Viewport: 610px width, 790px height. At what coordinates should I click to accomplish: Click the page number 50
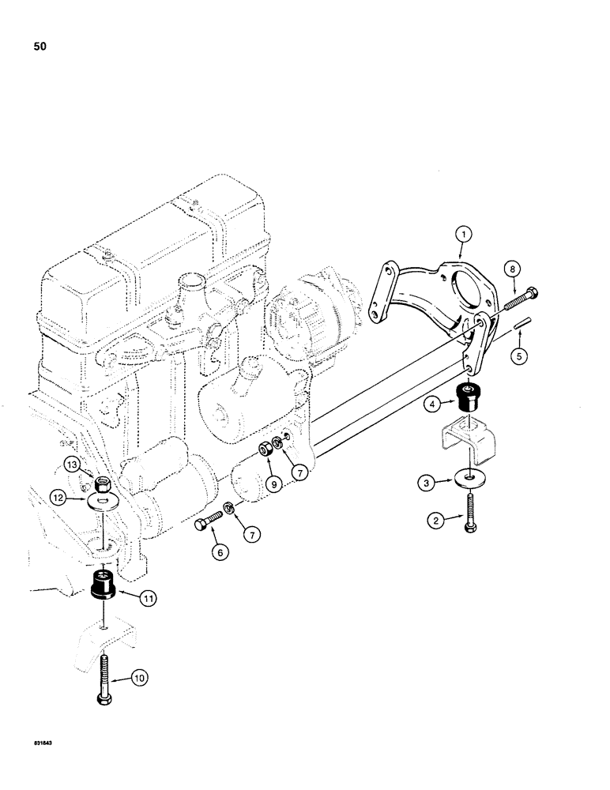(40, 47)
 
